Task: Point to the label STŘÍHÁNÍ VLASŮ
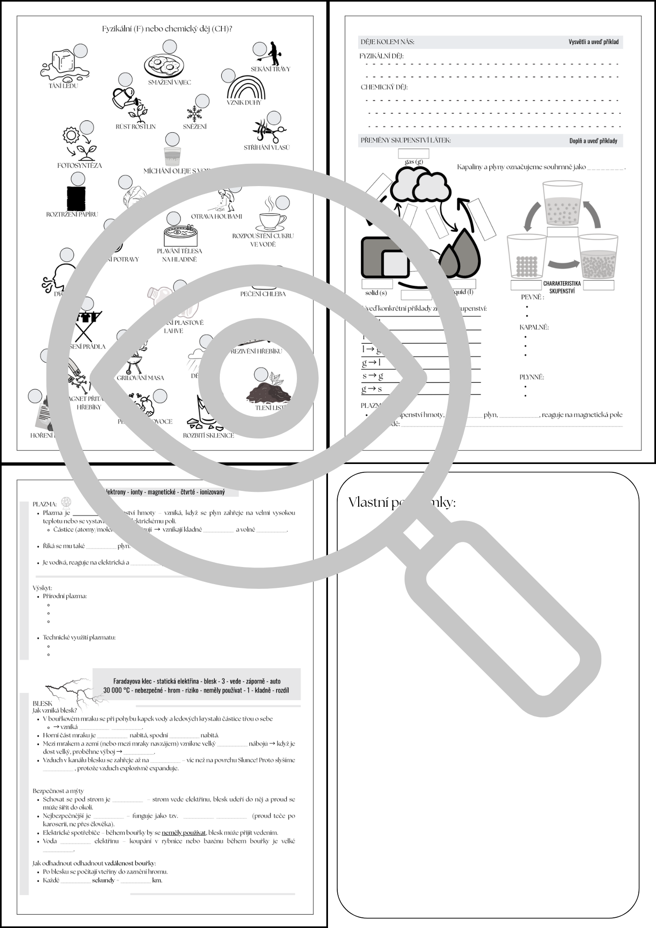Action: [x=267, y=148]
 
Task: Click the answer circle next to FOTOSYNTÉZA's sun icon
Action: [x=87, y=127]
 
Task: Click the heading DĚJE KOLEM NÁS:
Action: [x=387, y=42]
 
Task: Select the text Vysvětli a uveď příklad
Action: [x=593, y=42]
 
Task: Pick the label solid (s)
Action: [x=376, y=293]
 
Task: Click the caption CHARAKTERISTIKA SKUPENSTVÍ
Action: [x=561, y=287]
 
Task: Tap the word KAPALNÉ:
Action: [x=534, y=327]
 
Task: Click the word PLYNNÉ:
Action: [x=532, y=377]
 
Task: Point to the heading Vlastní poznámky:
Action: [x=402, y=502]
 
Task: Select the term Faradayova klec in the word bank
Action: [x=134, y=681]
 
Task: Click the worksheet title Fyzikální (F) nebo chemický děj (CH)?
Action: [x=167, y=29]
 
